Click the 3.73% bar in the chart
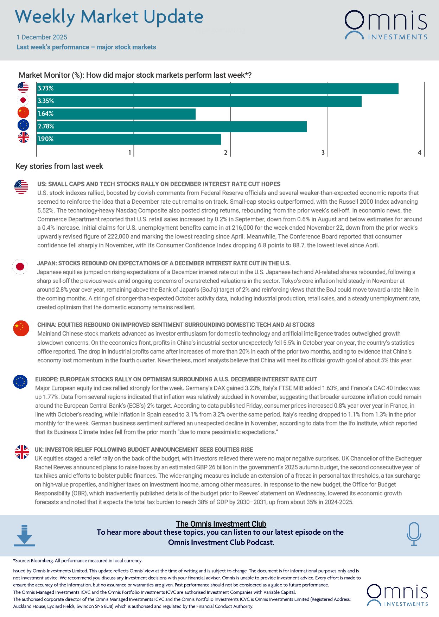click(x=217, y=89)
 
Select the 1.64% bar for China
click(x=116, y=114)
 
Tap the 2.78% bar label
click(x=46, y=126)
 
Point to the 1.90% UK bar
click(x=129, y=139)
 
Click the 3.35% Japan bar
click(x=199, y=101)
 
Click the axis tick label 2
click(x=226, y=153)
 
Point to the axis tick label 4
click(x=419, y=153)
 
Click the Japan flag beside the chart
click(x=23, y=100)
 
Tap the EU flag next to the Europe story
click(x=20, y=382)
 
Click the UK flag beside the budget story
click(x=22, y=452)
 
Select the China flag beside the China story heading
click(x=21, y=328)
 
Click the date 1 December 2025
click(x=42, y=37)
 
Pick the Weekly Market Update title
click(x=109, y=17)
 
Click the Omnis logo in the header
click(x=386, y=25)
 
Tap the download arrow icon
click(x=24, y=535)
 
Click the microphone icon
click(x=414, y=534)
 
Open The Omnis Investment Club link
click(x=221, y=524)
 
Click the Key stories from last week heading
click(x=59, y=166)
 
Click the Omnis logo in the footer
click(x=397, y=595)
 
